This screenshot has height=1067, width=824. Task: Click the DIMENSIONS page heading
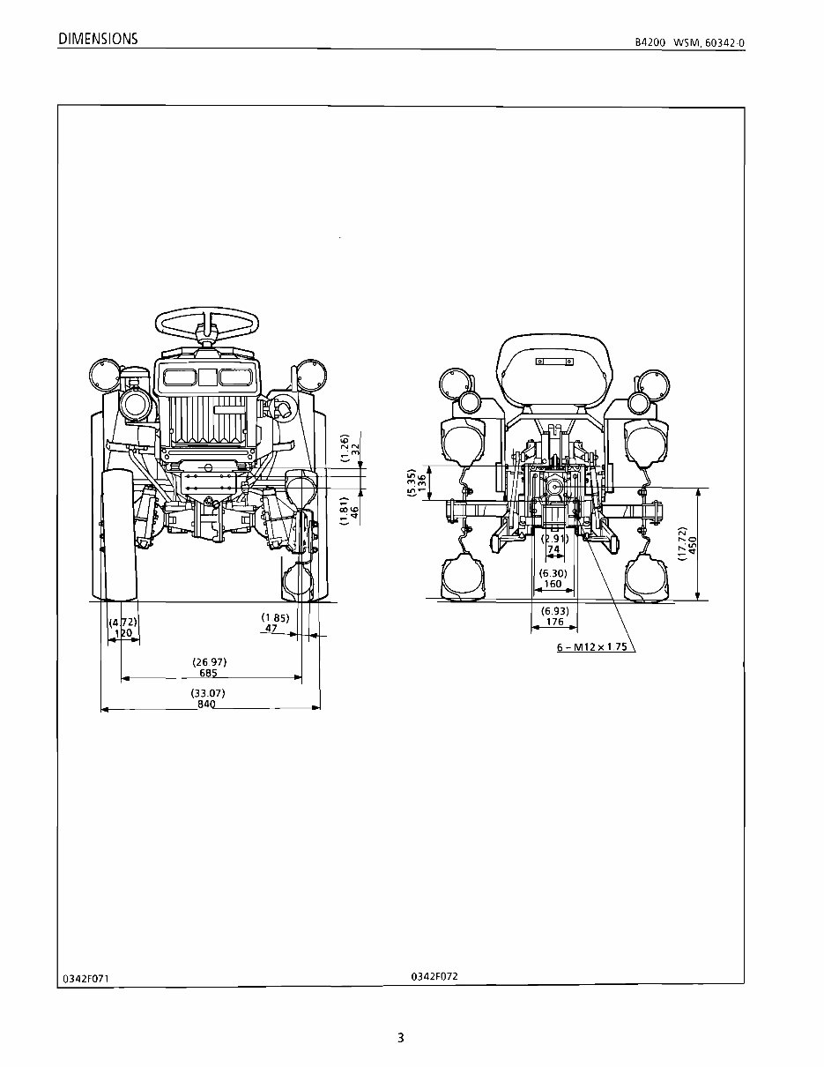pyautogui.click(x=97, y=39)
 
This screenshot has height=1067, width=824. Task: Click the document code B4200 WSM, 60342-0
pyautogui.click(x=695, y=43)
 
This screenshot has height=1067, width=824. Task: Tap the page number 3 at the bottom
pyautogui.click(x=400, y=1038)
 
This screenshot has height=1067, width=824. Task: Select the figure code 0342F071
pyautogui.click(x=86, y=979)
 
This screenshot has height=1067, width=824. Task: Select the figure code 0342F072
pyautogui.click(x=434, y=976)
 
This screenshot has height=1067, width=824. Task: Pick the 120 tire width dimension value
pyautogui.click(x=123, y=633)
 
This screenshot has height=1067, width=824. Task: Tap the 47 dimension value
pyautogui.click(x=272, y=629)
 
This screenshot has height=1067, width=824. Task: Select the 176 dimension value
pyautogui.click(x=554, y=622)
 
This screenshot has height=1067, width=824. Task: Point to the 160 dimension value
pyautogui.click(x=553, y=584)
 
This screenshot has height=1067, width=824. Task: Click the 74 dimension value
pyautogui.click(x=553, y=548)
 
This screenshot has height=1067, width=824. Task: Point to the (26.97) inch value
pyautogui.click(x=208, y=661)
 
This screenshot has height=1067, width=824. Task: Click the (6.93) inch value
pyautogui.click(x=554, y=611)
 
